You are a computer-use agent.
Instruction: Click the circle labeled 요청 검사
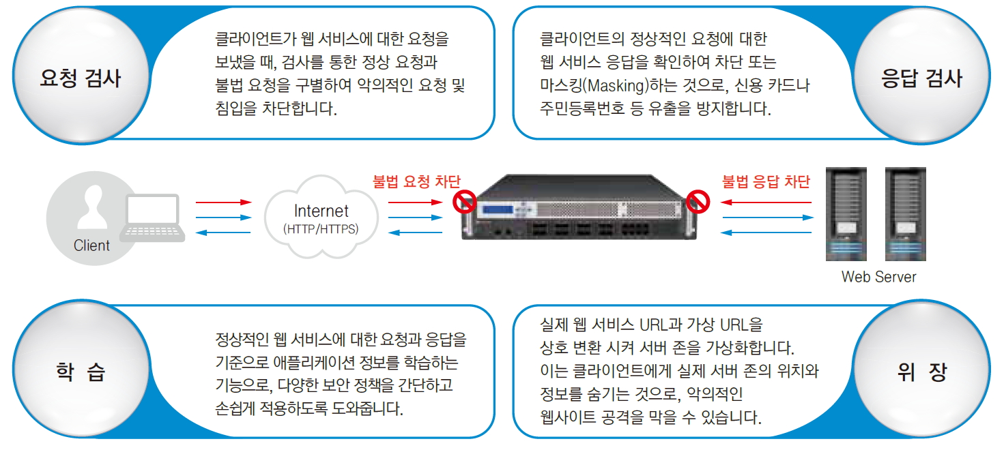[81, 77]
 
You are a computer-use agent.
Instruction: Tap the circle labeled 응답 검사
[922, 77]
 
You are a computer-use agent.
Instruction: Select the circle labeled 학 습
[81, 372]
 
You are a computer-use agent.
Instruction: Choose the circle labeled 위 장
[922, 372]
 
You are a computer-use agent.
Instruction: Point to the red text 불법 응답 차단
[766, 181]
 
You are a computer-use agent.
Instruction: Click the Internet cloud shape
[321, 216]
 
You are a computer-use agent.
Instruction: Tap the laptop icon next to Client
[152, 217]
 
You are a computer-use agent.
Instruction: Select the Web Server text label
[878, 277]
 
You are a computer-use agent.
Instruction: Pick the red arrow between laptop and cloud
[223, 202]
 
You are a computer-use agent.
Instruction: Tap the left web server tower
[846, 213]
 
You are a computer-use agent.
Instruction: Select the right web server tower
[905, 213]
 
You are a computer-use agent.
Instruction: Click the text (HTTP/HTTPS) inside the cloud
[321, 229]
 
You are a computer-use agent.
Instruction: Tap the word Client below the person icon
[91, 245]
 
